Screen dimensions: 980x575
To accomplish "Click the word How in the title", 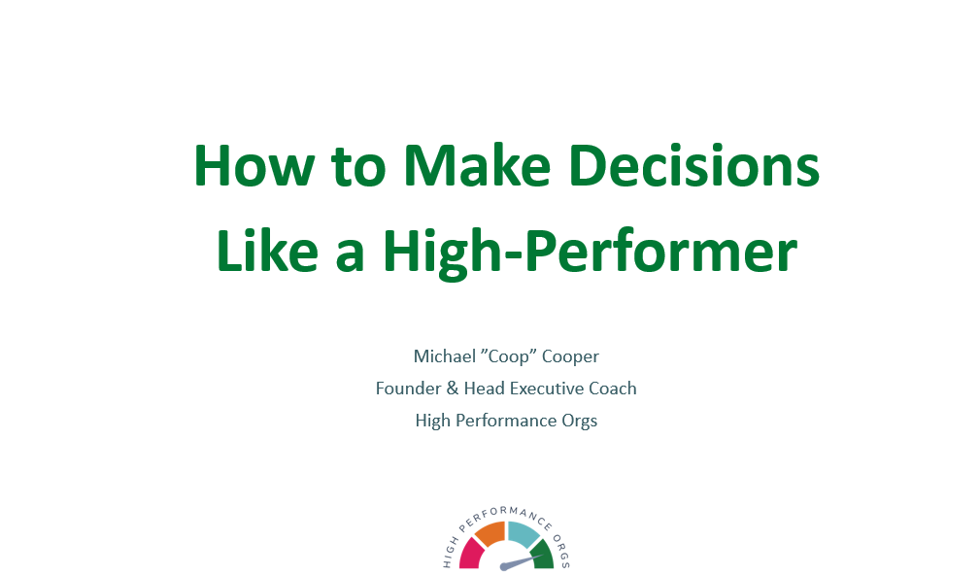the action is click(253, 166).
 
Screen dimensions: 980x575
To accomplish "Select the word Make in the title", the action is click(477, 166).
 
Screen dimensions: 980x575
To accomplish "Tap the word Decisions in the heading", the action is click(694, 166).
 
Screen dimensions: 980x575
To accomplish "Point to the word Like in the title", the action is click(267, 252).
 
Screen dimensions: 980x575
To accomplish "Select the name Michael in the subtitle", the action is click(445, 356).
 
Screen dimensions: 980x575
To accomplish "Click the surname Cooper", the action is click(570, 357).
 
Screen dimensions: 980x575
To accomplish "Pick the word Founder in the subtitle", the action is click(408, 389).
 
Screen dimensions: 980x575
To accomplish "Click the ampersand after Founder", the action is click(453, 389).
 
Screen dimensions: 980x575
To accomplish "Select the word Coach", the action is click(613, 389).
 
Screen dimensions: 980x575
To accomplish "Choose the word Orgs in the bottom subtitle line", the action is click(580, 422).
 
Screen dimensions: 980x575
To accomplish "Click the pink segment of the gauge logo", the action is click(472, 555).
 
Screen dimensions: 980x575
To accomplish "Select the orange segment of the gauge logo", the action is click(490, 533).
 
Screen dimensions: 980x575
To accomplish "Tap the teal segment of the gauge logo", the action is click(523, 533).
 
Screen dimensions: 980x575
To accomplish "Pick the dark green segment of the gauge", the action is click(543, 555).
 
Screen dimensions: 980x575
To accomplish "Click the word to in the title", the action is click(358, 167).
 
